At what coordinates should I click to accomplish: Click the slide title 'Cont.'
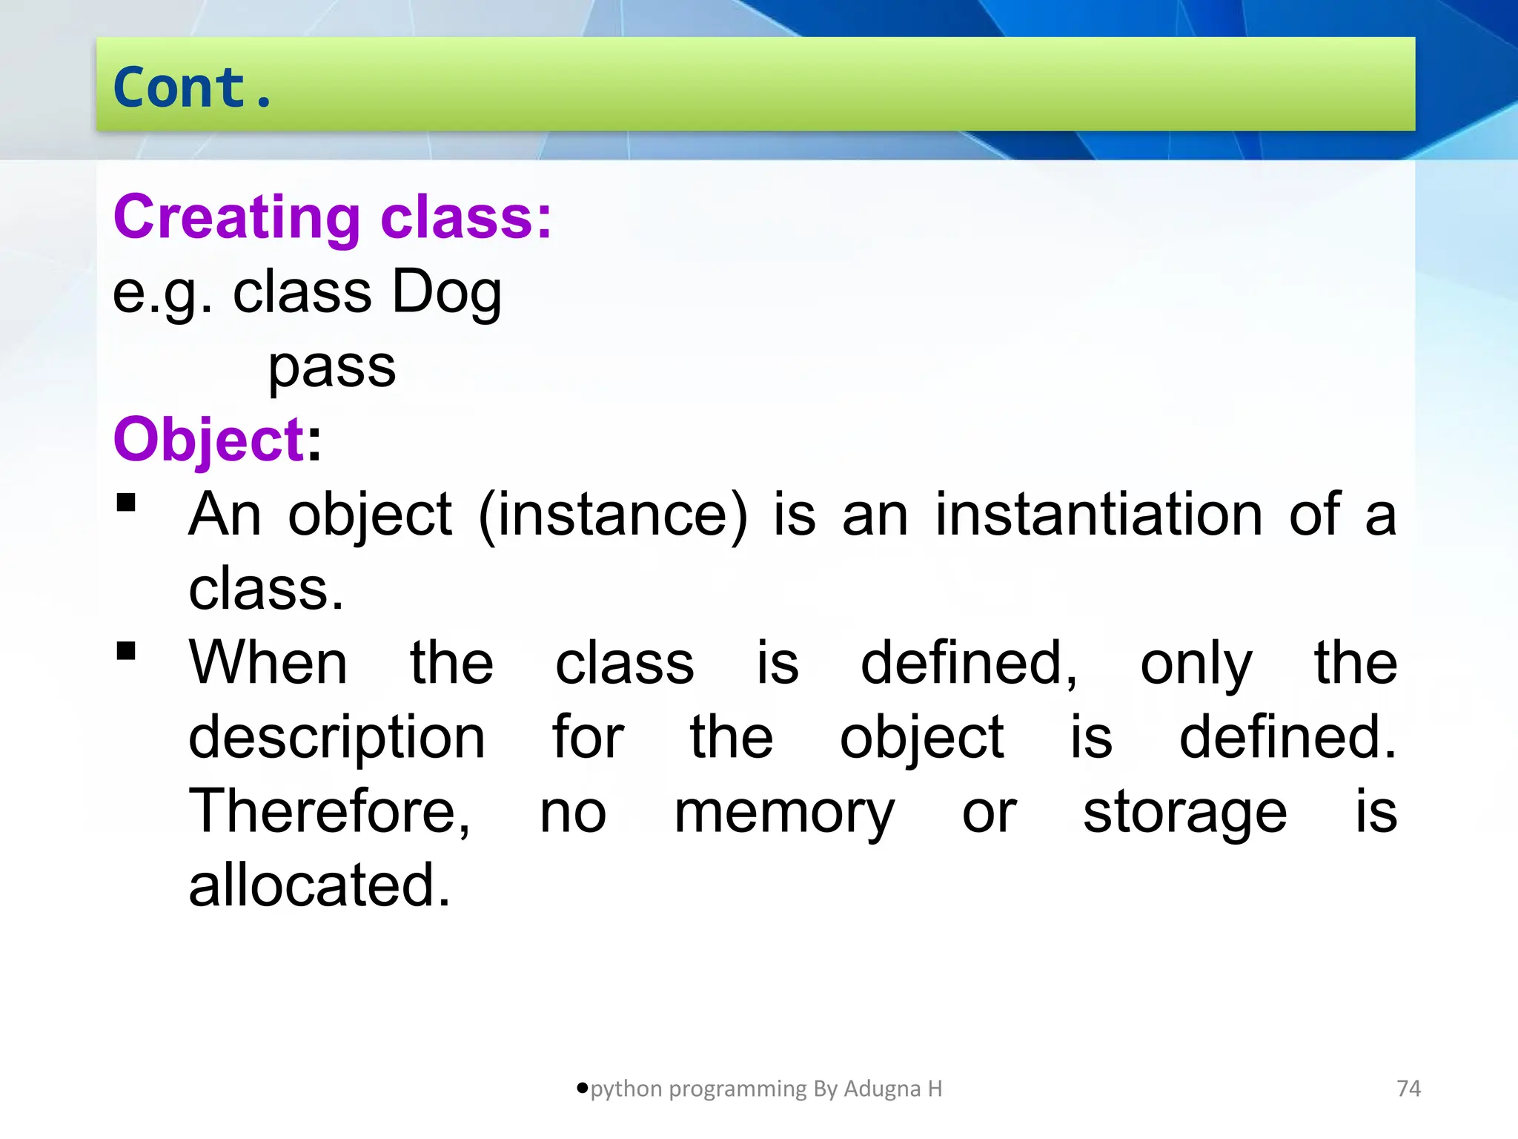[193, 88]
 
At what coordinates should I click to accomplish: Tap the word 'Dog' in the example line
[446, 292]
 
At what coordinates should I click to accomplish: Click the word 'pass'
[332, 368]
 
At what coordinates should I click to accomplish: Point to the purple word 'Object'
[209, 439]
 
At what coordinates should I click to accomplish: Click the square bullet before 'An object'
[127, 503]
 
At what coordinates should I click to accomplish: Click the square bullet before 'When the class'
[127, 651]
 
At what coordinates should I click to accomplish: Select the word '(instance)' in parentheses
[613, 515]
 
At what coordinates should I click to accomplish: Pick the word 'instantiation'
[1098, 514]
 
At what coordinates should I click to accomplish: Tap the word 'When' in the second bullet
[268, 662]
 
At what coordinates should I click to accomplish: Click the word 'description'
[337, 738]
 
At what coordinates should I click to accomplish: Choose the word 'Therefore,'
[330, 811]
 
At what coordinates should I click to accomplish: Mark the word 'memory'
[784, 813]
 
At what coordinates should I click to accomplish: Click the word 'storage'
[1184, 813]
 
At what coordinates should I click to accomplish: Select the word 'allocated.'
[319, 885]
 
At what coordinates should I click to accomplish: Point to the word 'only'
[1196, 664]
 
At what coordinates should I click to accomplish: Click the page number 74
[1408, 1089]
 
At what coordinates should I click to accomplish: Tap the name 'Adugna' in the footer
[882, 1089]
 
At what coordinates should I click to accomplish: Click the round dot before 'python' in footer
[582, 1088]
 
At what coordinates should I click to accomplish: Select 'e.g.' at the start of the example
[162, 292]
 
